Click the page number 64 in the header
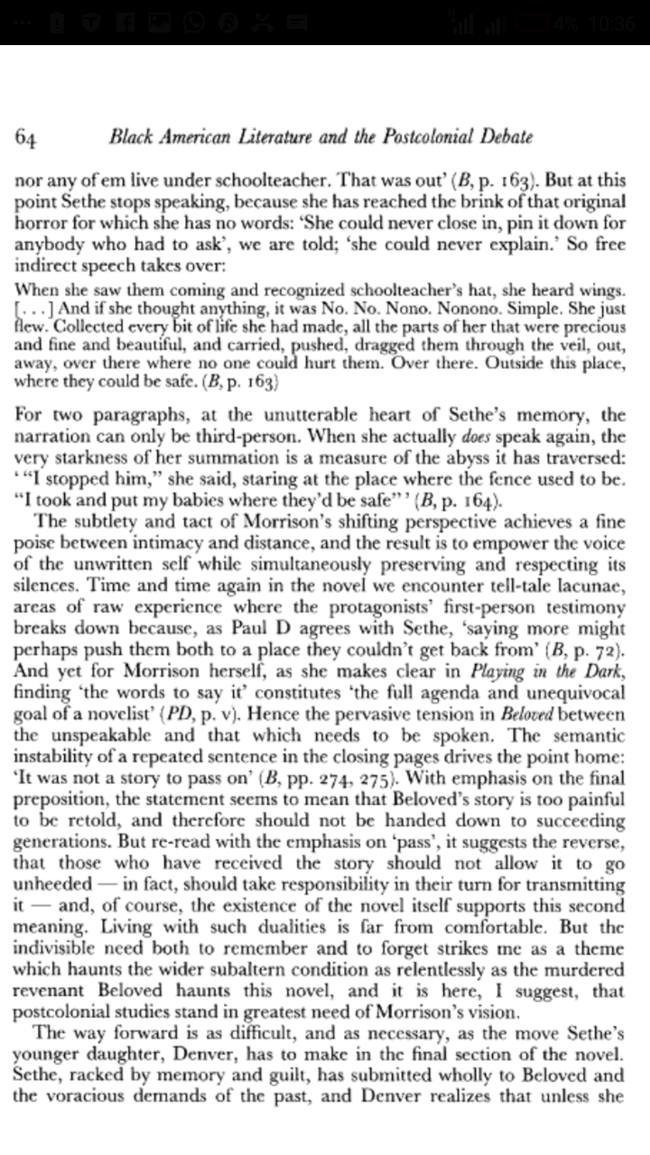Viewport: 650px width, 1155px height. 25,138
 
